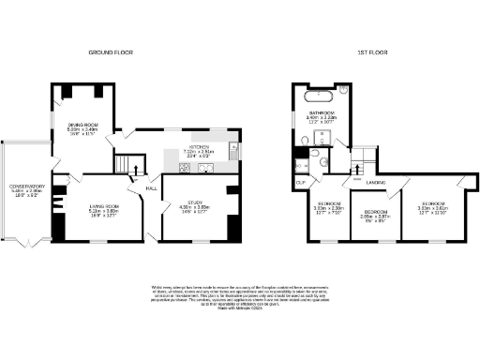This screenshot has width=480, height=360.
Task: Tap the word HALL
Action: [x=150, y=187]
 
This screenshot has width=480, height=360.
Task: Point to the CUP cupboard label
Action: [x=301, y=182]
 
